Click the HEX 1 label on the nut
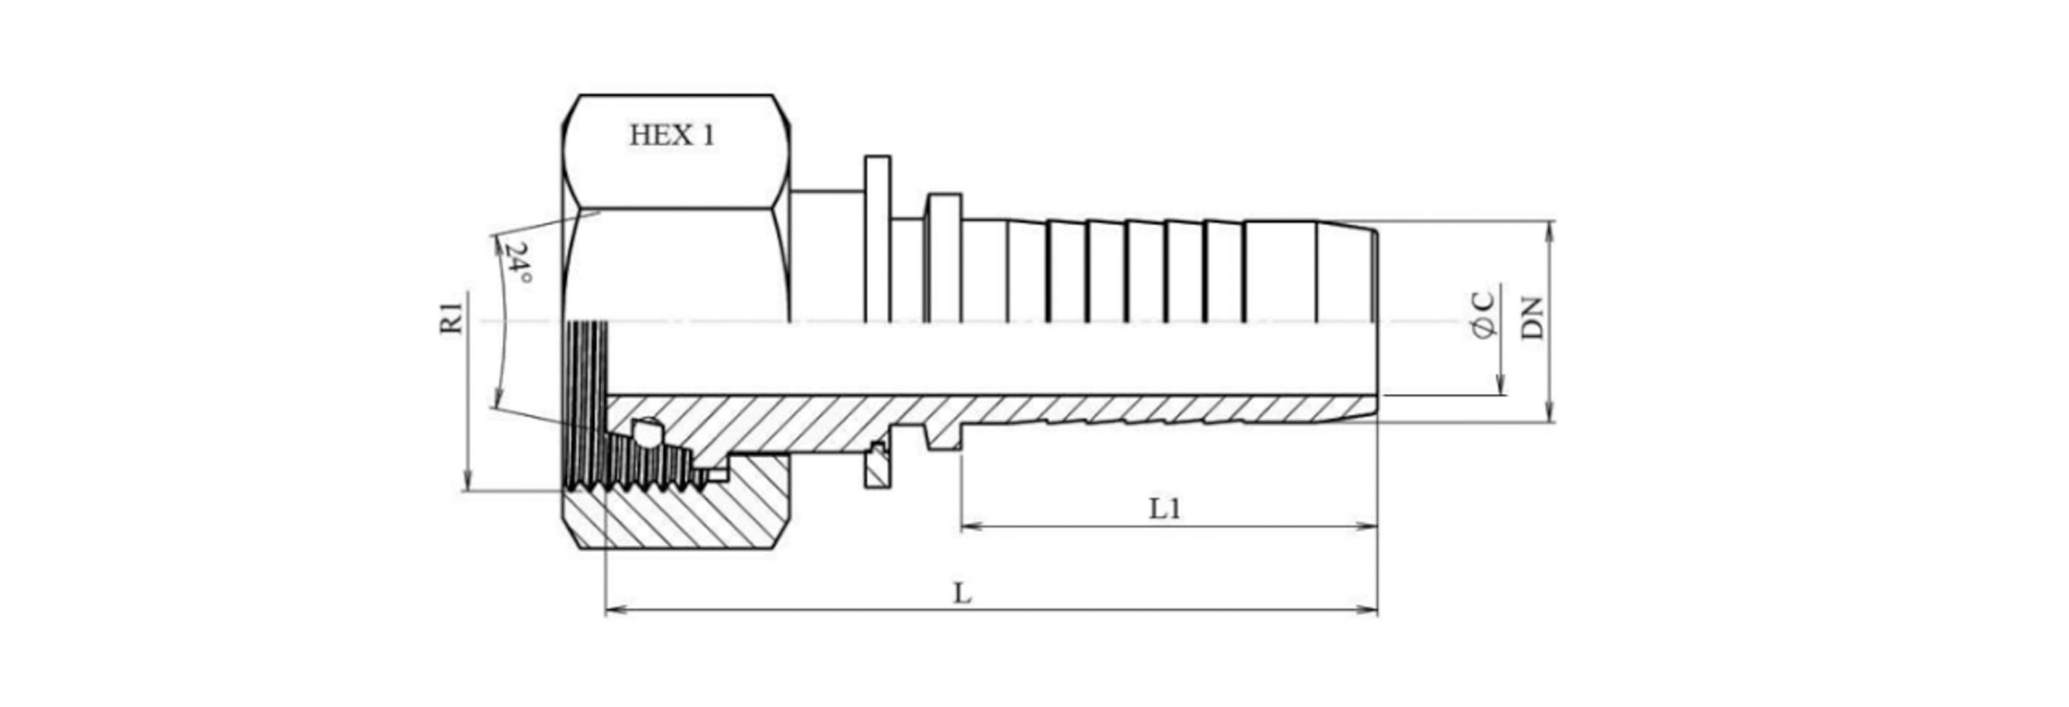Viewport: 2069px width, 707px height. pos(671,135)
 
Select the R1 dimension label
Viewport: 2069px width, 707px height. pos(451,319)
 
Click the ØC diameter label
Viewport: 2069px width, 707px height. pos(1484,315)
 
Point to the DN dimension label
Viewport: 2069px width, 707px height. pos(1533,318)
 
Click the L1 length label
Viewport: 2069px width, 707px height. pos(1165,508)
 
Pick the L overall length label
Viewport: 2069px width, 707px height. pos(962,594)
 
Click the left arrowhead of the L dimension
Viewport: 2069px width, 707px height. pos(615,611)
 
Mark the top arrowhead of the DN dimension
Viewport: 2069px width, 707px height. pos(1550,231)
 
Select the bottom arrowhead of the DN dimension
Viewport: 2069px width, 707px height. pos(1550,412)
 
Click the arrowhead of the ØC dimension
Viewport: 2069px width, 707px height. pos(1500,385)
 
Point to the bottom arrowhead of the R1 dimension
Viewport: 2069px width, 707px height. pos(468,481)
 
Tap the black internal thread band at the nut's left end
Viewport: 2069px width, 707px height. pos(587,406)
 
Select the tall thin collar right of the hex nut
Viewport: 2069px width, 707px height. pos(877,238)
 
